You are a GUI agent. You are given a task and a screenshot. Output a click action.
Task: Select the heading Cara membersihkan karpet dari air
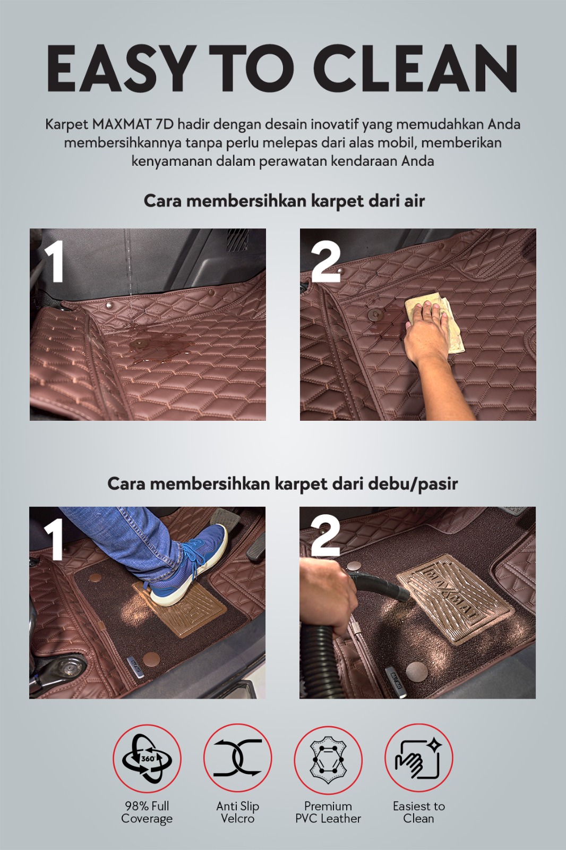tap(284, 201)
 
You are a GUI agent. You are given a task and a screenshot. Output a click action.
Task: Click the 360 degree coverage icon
tap(147, 759)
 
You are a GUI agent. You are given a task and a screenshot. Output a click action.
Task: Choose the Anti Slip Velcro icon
tap(237, 759)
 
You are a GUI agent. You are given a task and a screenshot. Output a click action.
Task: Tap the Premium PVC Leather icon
tap(328, 759)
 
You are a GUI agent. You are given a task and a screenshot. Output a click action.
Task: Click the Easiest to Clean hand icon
tap(418, 759)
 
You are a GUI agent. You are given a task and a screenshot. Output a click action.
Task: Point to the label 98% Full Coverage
tap(147, 812)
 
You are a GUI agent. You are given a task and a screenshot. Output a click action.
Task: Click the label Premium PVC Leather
tap(328, 812)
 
